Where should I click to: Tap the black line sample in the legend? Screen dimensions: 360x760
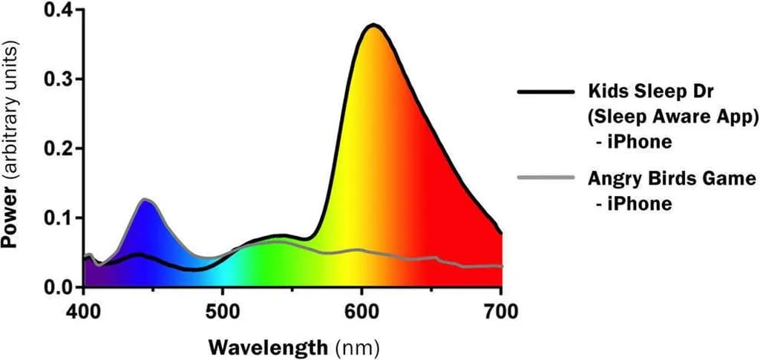546,92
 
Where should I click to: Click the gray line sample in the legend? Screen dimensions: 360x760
546,178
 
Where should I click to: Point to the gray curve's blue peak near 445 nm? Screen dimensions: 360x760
145,200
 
